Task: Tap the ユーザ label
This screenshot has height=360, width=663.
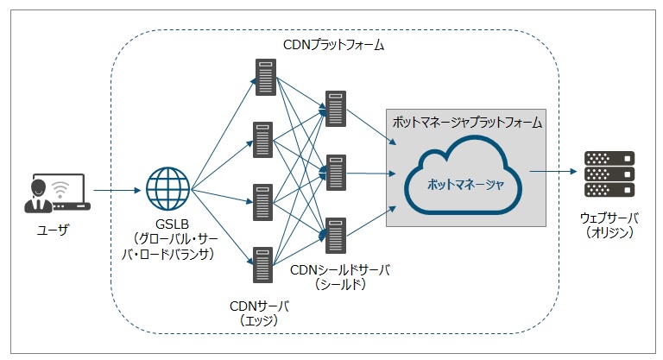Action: (54, 232)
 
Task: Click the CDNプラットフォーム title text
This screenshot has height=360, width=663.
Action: (334, 44)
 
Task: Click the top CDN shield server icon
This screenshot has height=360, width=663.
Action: (335, 108)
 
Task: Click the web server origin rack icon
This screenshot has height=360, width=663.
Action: (609, 173)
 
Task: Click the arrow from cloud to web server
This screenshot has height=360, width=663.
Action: (552, 172)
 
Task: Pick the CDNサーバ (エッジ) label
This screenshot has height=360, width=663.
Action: (261, 313)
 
